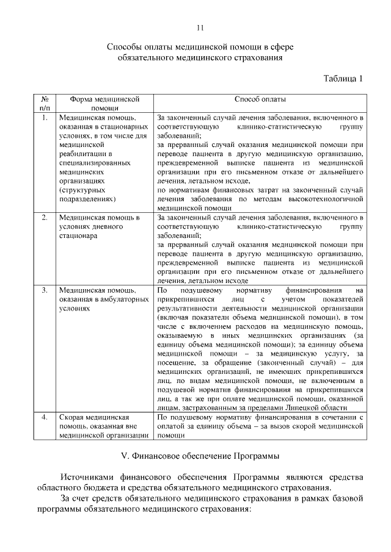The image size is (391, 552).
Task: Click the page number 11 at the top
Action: click(x=200, y=27)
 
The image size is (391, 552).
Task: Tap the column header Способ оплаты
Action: click(x=260, y=98)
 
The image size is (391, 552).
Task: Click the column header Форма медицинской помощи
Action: click(x=101, y=102)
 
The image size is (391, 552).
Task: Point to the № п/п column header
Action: click(x=45, y=102)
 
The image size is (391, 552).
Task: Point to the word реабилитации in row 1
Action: click(x=84, y=154)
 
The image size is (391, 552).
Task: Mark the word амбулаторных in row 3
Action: click(x=126, y=299)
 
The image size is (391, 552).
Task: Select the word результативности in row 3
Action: click(x=189, y=309)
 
